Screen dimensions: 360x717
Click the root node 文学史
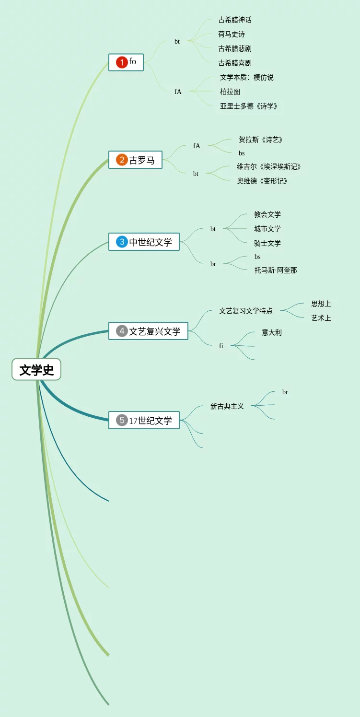[x=36, y=370]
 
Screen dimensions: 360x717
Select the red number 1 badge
[x=122, y=62]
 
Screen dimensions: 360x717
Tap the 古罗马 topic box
[x=136, y=160]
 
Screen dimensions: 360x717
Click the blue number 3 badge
[x=122, y=242]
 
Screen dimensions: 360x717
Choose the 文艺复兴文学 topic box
[x=149, y=331]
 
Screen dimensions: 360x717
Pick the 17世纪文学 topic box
[x=144, y=421]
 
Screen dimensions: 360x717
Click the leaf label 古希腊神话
[x=235, y=20]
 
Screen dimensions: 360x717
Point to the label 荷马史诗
[x=232, y=34]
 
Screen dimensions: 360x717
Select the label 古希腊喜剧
[x=235, y=63]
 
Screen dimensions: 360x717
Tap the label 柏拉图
[x=230, y=92]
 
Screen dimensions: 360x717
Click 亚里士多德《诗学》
[x=249, y=106]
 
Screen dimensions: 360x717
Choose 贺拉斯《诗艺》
[x=261, y=140]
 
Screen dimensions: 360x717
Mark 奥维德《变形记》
[x=263, y=181]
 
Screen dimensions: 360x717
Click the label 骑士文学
[x=267, y=243]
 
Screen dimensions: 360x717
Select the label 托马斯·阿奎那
[x=276, y=270]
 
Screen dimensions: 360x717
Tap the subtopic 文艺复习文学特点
[x=246, y=311]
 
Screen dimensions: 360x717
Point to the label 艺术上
[x=321, y=318]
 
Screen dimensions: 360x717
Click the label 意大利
[x=272, y=332]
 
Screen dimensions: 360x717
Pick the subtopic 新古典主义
[x=227, y=406]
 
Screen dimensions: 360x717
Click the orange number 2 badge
[x=122, y=160]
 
